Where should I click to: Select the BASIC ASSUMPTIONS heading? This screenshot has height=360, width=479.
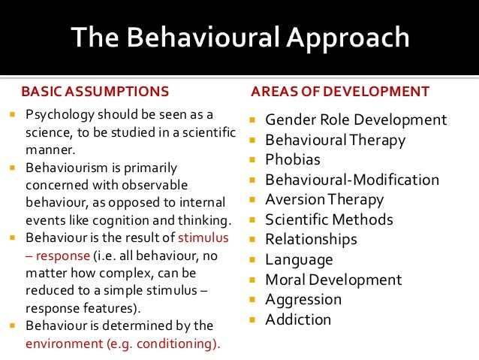pos(95,92)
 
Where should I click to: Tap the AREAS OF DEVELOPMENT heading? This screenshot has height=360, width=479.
pos(340,92)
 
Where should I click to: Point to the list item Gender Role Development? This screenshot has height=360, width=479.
pos(356,120)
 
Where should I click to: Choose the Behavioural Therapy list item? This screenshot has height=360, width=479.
pos(335,140)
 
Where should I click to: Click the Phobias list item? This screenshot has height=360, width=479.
pos(293,160)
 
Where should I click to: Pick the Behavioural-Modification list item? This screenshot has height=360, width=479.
pos(352,180)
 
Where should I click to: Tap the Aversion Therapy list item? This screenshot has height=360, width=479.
pos(324,200)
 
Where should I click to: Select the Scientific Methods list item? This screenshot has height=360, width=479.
pos(329,219)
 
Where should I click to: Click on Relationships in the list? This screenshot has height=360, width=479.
pos(311,240)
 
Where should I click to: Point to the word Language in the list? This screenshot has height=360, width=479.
pos(299,260)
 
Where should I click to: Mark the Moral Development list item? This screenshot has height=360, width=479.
pos(333,280)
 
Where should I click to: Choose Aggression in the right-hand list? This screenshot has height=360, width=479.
pos(303,299)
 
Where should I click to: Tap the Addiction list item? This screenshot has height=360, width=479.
pos(298,319)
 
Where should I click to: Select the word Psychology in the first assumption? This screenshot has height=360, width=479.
pos(59,115)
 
